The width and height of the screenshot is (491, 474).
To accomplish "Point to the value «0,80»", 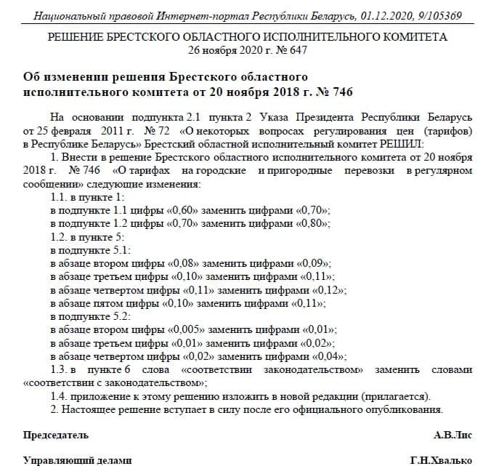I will tap(314, 222).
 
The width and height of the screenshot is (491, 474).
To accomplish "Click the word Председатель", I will tap(56, 435).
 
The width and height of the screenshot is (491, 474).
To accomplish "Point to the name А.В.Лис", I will tap(453, 435).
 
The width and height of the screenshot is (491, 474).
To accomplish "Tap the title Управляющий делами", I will tap(78, 461).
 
